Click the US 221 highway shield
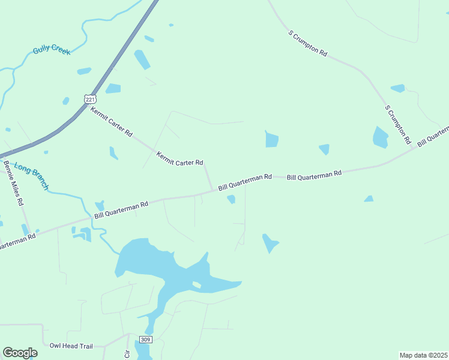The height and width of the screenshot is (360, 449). (89, 99)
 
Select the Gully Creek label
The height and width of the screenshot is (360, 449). (52, 51)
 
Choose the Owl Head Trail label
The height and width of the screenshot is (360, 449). (71, 346)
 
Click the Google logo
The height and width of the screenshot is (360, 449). (20, 353)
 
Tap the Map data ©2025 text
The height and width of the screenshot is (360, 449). (423, 355)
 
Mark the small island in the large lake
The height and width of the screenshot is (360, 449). (196, 284)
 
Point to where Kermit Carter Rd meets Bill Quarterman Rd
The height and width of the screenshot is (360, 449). (212, 191)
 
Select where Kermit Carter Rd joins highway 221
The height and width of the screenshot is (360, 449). (85, 106)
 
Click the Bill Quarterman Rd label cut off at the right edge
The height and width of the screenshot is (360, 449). (433, 136)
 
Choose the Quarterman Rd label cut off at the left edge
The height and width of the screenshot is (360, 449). (17, 241)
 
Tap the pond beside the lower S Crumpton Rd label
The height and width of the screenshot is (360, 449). (380, 137)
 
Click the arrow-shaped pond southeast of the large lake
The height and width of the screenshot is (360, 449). (269, 242)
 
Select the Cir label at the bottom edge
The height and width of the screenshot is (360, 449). (127, 353)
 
